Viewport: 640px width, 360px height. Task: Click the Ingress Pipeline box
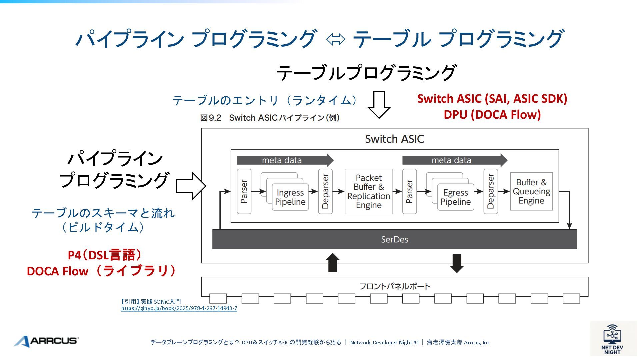coord(290,197)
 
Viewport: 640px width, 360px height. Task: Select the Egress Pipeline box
coord(455,197)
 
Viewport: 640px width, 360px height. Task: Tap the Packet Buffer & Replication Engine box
coord(369,191)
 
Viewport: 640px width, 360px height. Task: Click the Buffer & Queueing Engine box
coord(531,191)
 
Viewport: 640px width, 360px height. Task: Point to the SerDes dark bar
coord(395,239)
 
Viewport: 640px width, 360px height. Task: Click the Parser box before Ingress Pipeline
coord(244,191)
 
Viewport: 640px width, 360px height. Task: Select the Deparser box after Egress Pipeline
coord(491,191)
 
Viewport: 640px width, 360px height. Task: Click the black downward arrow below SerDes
coord(457,263)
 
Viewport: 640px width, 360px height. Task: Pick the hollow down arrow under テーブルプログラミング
coord(379,104)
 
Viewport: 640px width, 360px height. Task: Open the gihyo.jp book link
coord(179,308)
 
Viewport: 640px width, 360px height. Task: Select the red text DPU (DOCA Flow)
coord(492,115)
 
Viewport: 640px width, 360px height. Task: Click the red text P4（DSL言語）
coord(105,255)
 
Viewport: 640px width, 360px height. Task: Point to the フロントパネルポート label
coord(395,286)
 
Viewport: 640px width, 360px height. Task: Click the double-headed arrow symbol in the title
coord(335,39)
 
